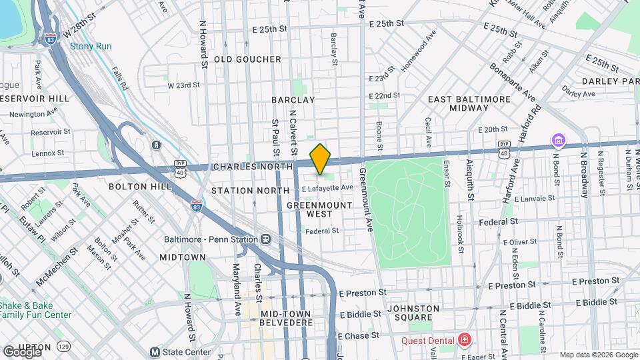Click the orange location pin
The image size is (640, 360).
click(320, 159)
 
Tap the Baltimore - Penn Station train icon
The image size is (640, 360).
click(266, 239)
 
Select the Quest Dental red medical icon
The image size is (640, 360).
click(464, 341)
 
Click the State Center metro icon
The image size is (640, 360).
click(155, 352)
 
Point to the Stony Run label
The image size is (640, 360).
click(91, 47)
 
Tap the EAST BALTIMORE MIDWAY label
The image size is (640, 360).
click(469, 103)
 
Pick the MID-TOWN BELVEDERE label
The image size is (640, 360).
click(286, 318)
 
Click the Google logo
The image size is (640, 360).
click(22, 351)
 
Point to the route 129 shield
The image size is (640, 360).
click(63, 347)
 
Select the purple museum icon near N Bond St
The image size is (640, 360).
click(557, 141)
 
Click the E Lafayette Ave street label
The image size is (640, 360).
click(327, 188)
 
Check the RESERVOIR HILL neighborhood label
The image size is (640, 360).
click(35, 98)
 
